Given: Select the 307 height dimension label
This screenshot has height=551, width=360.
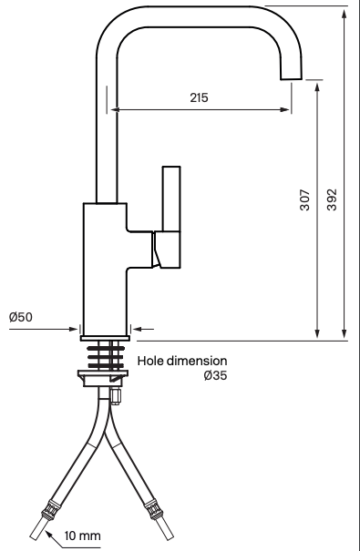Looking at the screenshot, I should [305, 200].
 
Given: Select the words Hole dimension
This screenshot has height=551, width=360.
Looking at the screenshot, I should [182, 361].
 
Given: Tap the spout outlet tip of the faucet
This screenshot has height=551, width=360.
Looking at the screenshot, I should [293, 72].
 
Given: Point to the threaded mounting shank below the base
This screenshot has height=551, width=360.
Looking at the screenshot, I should [106, 354].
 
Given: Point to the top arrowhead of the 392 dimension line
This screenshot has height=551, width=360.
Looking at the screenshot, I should [345, 11].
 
